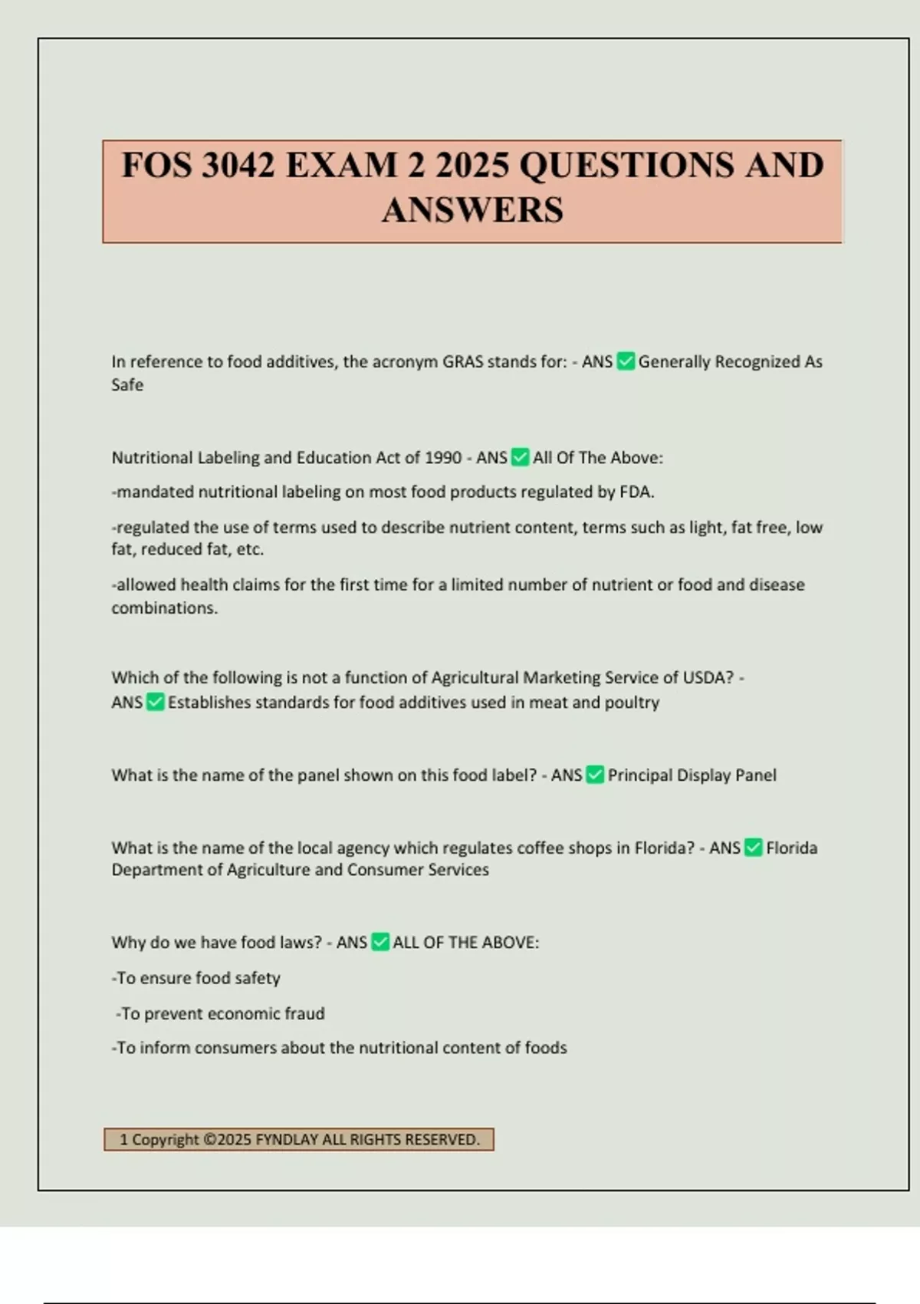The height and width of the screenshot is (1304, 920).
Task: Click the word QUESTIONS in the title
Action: pyautogui.click(x=626, y=166)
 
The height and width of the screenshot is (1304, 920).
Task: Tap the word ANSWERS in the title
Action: pyautogui.click(x=472, y=210)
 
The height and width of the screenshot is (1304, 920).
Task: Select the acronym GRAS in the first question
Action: pyautogui.click(x=462, y=362)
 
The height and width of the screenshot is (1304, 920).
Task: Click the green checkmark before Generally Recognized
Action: pyautogui.click(x=626, y=361)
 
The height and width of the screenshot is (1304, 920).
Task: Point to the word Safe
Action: pyautogui.click(x=127, y=385)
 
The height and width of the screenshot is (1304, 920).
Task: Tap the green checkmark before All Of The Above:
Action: pyautogui.click(x=520, y=458)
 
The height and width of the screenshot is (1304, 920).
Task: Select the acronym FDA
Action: pyautogui.click(x=636, y=492)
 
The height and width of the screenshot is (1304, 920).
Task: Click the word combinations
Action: pyautogui.click(x=164, y=608)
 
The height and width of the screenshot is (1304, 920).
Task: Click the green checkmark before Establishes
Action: pyautogui.click(x=155, y=702)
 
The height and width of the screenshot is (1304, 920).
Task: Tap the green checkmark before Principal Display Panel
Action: pyautogui.click(x=595, y=775)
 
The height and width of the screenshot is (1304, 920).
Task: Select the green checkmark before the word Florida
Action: pyautogui.click(x=753, y=848)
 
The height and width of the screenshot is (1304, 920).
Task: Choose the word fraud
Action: pyautogui.click(x=304, y=1014)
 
